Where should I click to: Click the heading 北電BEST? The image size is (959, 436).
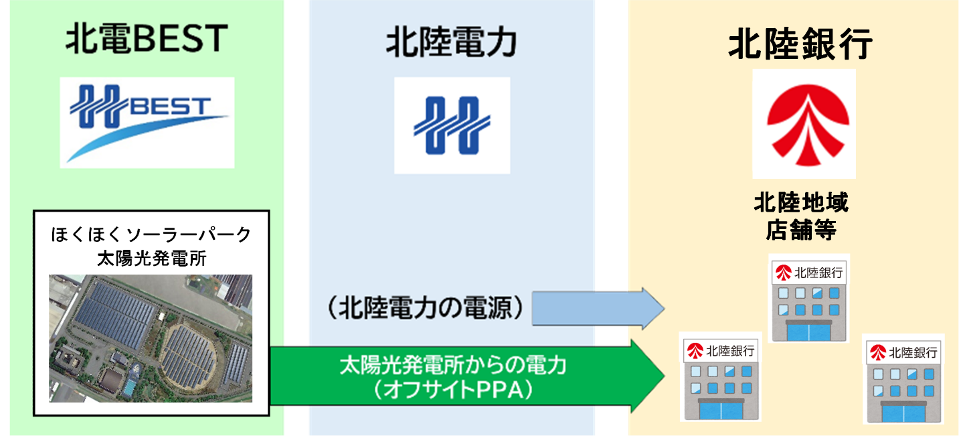pyautogui.click(x=147, y=39)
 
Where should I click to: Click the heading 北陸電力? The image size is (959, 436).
pyautogui.click(x=452, y=44)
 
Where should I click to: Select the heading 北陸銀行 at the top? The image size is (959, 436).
pyautogui.click(x=800, y=45)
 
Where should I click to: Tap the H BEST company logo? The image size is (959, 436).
pyautogui.click(x=147, y=122)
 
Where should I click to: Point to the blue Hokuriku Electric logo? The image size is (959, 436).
pyautogui.click(x=452, y=125)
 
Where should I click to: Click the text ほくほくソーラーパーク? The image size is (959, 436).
pyautogui.click(x=151, y=235)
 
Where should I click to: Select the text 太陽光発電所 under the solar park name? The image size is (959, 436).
pyautogui.click(x=151, y=259)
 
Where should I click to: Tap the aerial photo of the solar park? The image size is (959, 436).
pyautogui.click(x=151, y=338)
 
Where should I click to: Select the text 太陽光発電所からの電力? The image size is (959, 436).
pyautogui.click(x=453, y=366)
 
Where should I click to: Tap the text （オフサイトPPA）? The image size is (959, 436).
pyautogui.click(x=453, y=389)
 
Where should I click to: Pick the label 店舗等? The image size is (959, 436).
pyautogui.click(x=800, y=230)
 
